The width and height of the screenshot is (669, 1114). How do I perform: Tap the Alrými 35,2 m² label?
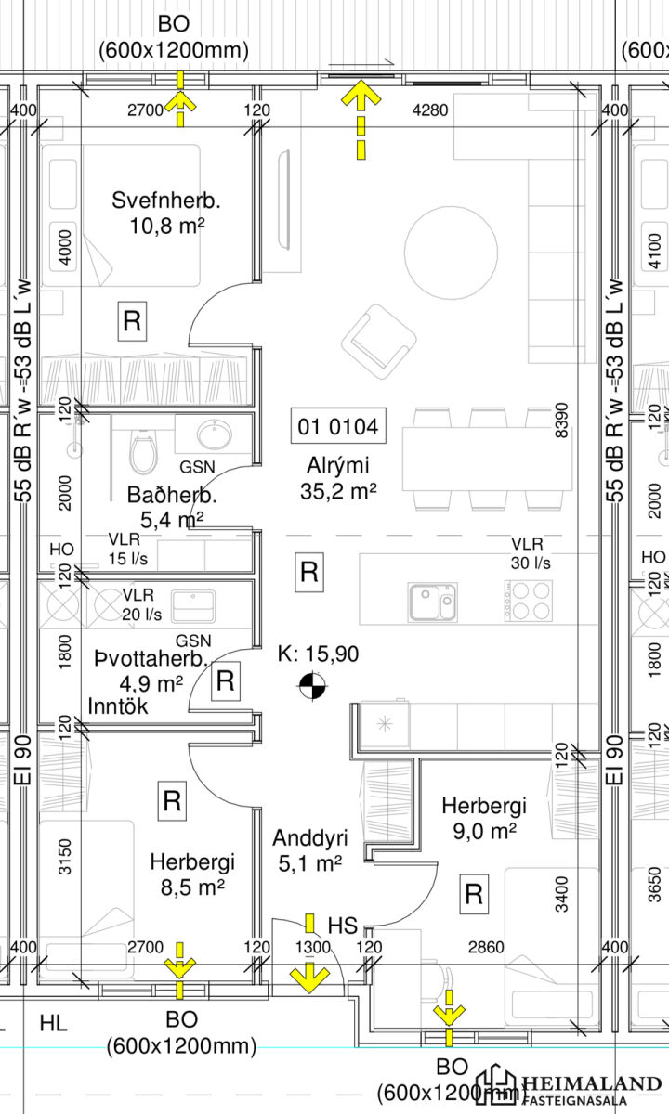pos(338,478)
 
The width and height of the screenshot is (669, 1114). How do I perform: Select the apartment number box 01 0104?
pos(338,426)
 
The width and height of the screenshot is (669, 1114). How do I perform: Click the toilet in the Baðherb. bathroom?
pos(143,451)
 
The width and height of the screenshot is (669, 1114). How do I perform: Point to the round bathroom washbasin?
pos(214,434)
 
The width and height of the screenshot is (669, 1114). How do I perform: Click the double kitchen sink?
pos(432,602)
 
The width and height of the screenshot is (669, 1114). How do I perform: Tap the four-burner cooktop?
pos(528,601)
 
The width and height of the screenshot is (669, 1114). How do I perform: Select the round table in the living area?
pos(451,253)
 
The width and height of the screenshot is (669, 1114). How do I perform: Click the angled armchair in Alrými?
pos(379,343)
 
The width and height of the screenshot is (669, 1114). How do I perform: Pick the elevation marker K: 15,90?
pos(318,654)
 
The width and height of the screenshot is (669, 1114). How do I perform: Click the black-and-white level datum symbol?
pos(312,686)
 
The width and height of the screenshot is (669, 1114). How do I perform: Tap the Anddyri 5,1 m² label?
pos(309,850)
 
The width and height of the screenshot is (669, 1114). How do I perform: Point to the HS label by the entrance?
pos(343,926)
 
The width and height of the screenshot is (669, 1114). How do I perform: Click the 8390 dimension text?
pos(561,421)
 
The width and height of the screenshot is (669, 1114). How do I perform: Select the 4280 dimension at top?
pos(429,110)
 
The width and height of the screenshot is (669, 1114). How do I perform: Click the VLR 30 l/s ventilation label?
pos(531,553)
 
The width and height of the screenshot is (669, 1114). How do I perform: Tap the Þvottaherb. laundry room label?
pos(151,658)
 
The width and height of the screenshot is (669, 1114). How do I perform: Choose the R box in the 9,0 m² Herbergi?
pos(474,894)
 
